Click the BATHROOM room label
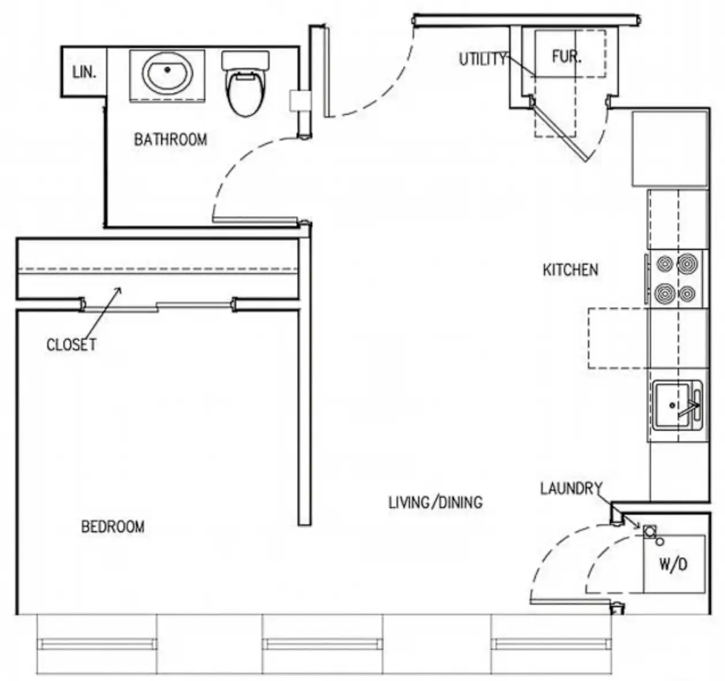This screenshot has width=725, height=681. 170,139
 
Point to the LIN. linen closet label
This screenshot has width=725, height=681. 84,73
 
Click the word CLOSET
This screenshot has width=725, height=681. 71,345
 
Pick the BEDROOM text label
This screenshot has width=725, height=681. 113,527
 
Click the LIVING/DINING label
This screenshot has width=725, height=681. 435,502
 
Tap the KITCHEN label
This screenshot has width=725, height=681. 570,270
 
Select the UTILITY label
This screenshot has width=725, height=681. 482,59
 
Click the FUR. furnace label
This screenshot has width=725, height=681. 567,57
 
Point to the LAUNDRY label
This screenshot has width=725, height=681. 571,489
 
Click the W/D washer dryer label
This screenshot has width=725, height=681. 673,564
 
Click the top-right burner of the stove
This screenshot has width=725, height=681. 687,264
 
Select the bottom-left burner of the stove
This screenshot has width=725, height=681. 665,293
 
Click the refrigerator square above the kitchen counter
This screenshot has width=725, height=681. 670,149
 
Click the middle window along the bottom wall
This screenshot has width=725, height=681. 322,644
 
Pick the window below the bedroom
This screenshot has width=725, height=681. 96,644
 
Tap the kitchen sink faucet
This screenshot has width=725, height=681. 692,406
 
